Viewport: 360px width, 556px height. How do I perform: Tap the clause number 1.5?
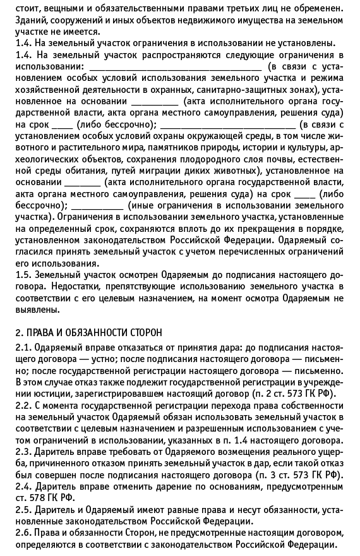tap(23, 275)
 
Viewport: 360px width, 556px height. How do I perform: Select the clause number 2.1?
tap(23, 348)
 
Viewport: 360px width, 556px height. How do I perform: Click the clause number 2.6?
tap(23, 533)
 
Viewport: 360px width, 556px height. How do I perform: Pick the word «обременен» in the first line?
tap(320, 8)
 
